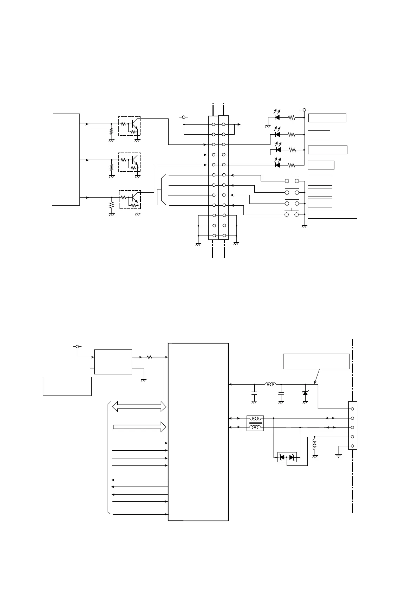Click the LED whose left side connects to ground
(277, 117)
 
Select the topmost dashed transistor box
(129, 126)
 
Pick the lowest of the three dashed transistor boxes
(129, 199)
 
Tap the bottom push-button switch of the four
(292, 214)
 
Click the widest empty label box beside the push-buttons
(332, 214)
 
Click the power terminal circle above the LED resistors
(304, 110)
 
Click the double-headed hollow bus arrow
(138, 406)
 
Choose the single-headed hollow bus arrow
(139, 427)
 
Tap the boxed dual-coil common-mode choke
(255, 423)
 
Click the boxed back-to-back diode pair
(287, 457)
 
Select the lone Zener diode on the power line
(305, 393)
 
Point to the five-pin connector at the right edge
(352, 425)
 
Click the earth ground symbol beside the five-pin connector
(339, 456)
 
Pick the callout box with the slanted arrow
(316, 361)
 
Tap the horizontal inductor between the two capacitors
(270, 384)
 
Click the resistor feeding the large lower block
(149, 357)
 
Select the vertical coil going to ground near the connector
(314, 445)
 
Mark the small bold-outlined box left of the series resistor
(113, 362)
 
